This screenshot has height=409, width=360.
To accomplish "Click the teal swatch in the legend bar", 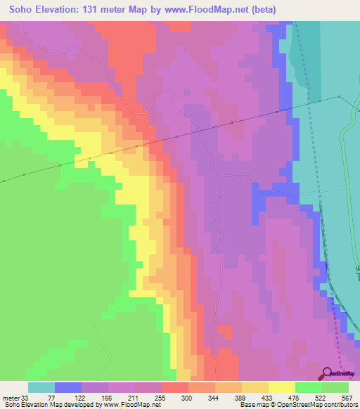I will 41,387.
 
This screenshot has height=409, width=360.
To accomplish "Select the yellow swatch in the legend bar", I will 281,387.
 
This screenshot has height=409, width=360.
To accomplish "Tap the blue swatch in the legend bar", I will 67,387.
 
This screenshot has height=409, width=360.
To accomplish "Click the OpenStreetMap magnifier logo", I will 328,373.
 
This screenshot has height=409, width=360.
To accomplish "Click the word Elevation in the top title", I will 58,9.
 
